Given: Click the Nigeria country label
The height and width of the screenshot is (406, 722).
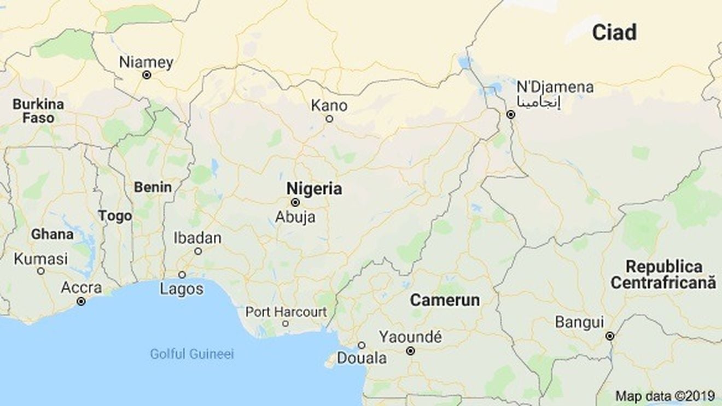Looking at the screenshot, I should click(315, 189).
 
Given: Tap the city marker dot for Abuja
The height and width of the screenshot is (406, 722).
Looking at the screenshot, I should click(295, 202).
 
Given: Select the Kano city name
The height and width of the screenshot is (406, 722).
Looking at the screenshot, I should click(329, 105).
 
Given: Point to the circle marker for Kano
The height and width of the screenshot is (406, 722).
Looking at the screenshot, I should click(329, 119).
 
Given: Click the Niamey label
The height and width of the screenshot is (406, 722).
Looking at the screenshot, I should click(146, 62).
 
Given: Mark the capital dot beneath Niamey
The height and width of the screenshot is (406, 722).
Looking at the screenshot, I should click(147, 75).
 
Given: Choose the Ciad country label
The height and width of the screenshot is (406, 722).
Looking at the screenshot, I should click(614, 33).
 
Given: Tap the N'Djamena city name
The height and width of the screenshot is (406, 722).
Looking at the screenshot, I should click(555, 87).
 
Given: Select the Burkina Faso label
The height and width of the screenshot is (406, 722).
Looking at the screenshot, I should click(38, 111).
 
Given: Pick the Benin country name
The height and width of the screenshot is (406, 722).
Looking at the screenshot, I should click(153, 187).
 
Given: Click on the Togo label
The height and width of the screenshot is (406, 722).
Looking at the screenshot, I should click(115, 216).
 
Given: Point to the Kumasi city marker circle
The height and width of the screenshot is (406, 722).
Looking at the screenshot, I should click(41, 271).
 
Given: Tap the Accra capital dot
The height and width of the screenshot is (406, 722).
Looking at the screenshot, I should click(81, 301).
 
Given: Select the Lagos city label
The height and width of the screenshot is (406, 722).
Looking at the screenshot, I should click(182, 289).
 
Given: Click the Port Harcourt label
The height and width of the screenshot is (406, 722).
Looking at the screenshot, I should click(286, 312).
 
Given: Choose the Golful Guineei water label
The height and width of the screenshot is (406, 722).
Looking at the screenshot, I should click(192, 354).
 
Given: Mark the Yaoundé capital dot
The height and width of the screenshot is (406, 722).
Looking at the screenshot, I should click(410, 351).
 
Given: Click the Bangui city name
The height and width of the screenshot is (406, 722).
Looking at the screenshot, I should click(579, 322).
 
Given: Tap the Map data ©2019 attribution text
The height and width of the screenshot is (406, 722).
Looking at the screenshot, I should click(665, 396).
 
